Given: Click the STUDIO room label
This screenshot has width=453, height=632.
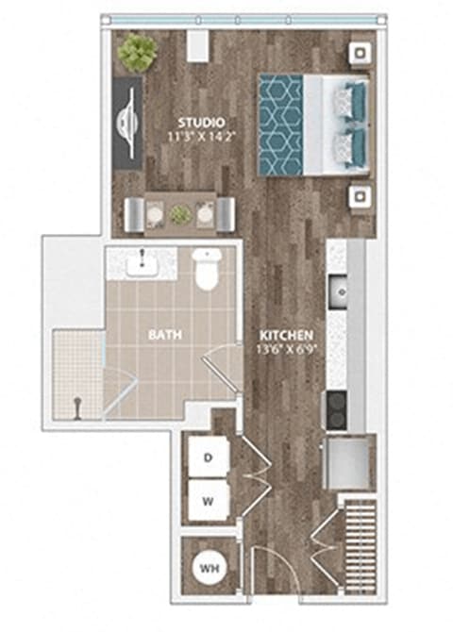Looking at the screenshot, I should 201,122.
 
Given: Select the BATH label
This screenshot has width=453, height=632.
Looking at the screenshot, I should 165,334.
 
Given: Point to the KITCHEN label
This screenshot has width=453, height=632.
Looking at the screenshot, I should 286,334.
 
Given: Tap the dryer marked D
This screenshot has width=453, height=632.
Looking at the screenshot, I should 208,457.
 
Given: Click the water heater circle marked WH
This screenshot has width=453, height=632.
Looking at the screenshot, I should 208,569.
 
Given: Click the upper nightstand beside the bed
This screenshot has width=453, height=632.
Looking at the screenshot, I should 361,55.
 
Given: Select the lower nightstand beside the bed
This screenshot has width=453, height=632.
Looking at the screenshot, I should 361,196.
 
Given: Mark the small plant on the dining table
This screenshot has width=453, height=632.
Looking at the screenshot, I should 179,214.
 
